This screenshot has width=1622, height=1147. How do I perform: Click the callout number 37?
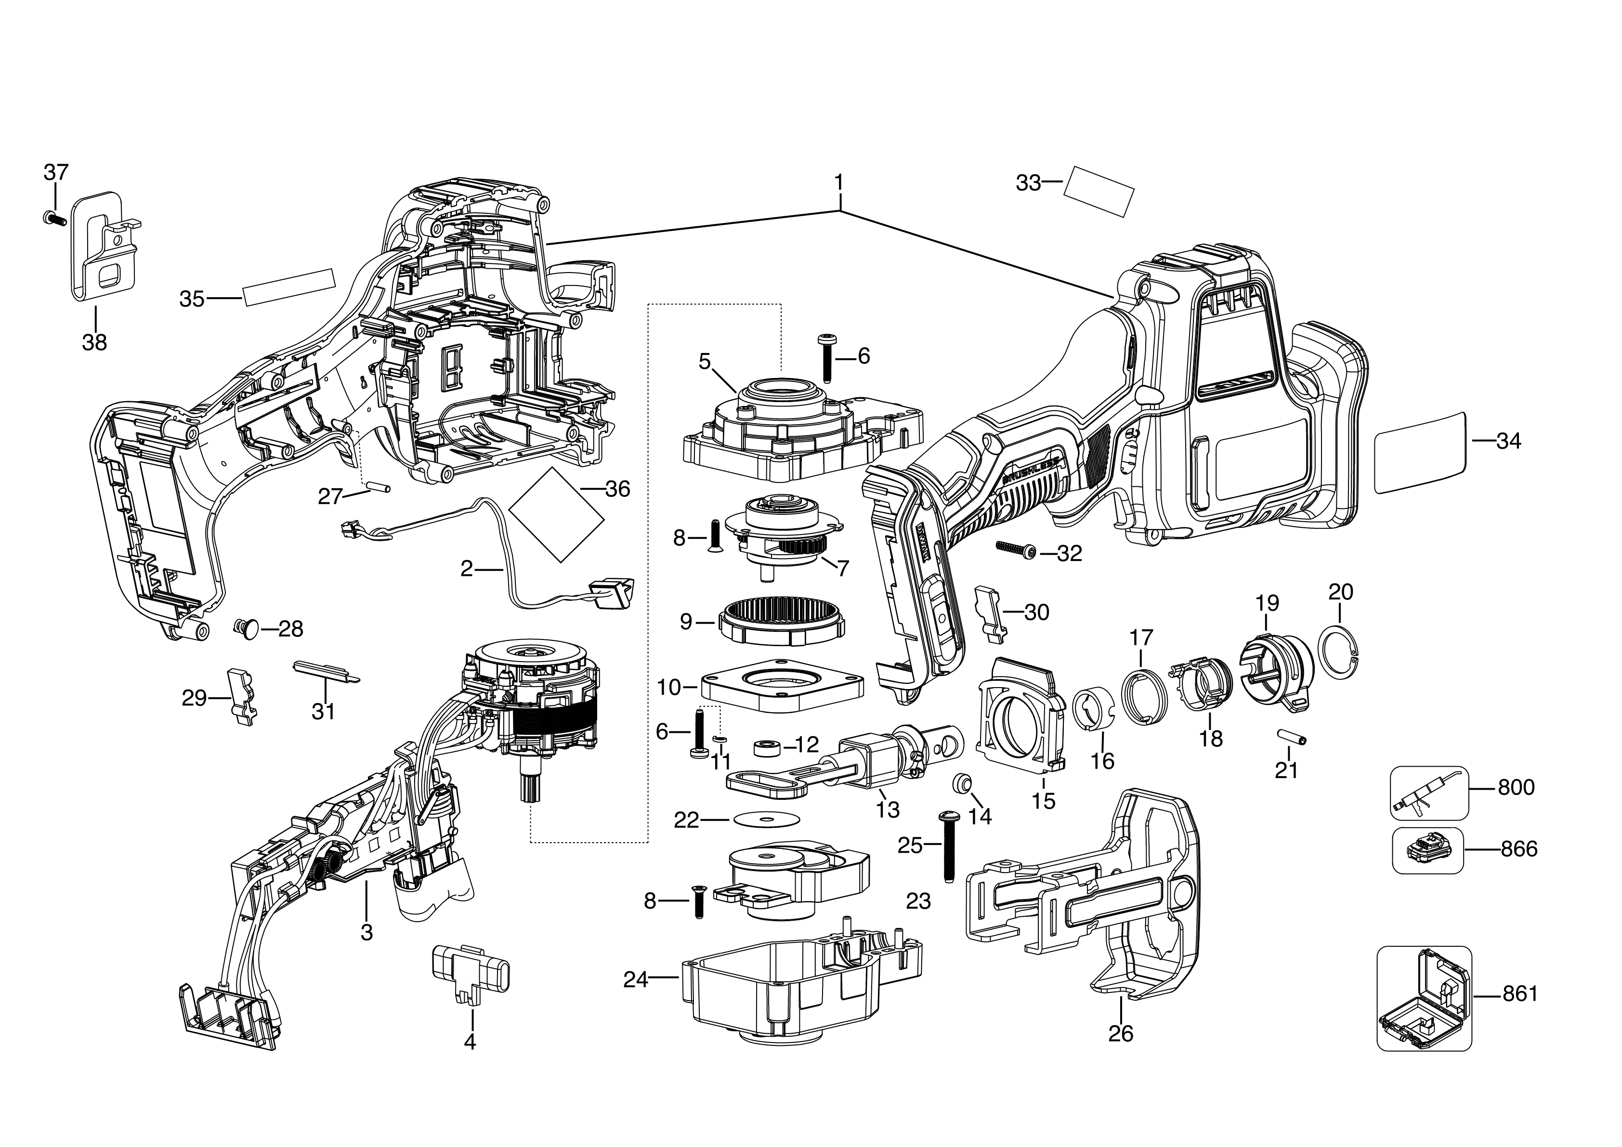56,171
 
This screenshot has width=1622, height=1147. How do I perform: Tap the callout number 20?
1340,592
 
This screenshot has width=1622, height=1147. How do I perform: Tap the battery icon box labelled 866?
1427,849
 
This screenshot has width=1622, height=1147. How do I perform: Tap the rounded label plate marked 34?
1421,454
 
